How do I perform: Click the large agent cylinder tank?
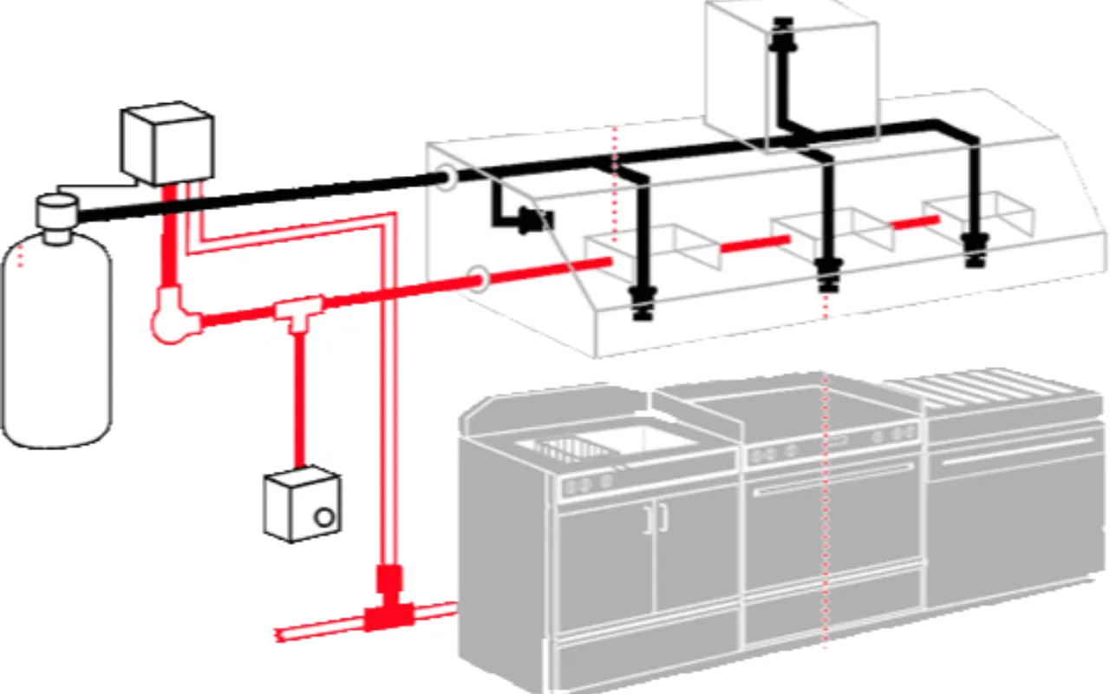coord(56,347)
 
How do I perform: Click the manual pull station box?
coord(301,503)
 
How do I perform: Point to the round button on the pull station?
coord(324,518)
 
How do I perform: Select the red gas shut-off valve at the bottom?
coord(388,602)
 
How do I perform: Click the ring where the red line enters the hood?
coord(478,278)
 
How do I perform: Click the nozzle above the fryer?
coord(643,302)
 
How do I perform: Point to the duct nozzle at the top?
coord(785,29)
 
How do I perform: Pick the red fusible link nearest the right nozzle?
coord(916,223)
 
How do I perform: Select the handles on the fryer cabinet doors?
coord(656,518)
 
